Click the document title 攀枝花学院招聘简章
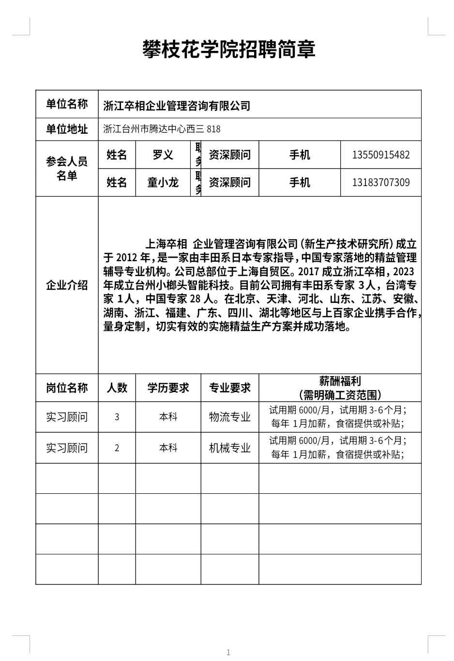(228, 49)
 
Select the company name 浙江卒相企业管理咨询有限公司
(177, 105)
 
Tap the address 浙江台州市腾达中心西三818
(162, 129)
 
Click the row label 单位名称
(67, 104)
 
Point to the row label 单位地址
(67, 129)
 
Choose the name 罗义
(163, 155)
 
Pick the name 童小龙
(163, 182)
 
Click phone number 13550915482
(381, 155)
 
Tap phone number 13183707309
(381, 182)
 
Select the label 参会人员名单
(67, 168)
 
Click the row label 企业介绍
(67, 285)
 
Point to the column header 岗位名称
(67, 388)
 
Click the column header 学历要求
(168, 388)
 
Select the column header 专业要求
(229, 388)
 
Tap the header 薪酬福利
(340, 382)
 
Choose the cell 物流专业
(229, 417)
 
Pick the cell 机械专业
(229, 448)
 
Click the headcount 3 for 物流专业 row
(117, 417)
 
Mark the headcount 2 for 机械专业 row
(117, 448)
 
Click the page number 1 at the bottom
(228, 652)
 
